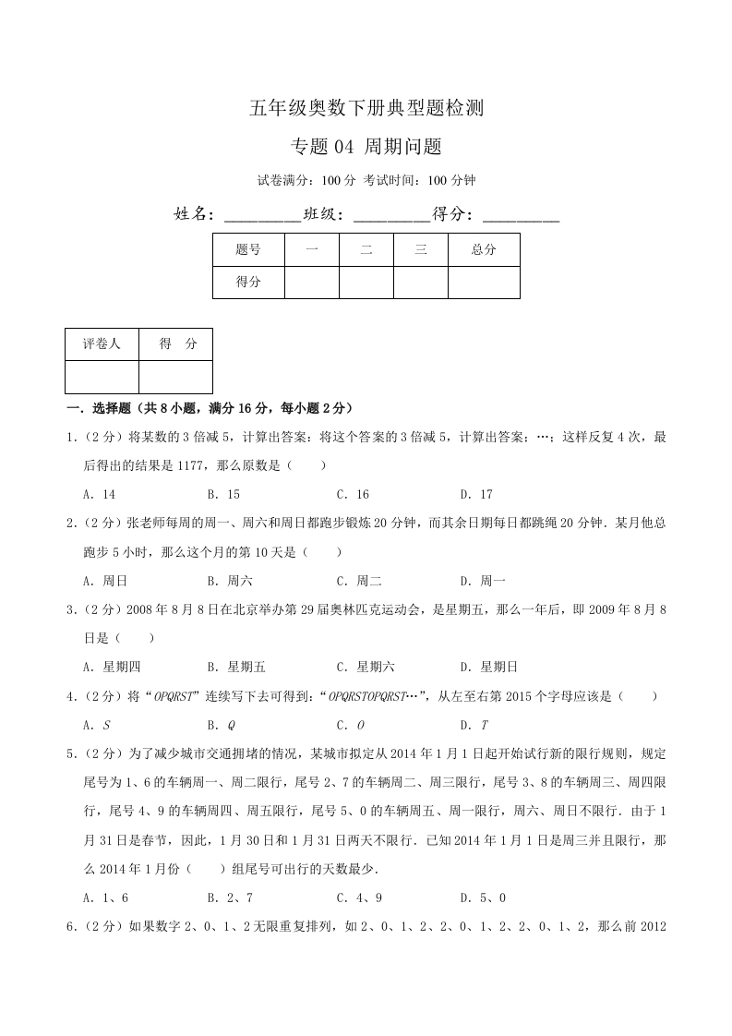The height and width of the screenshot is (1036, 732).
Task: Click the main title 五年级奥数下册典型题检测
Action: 366,108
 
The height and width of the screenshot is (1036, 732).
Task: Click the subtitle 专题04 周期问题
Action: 366,146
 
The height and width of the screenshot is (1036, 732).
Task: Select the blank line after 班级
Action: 391,215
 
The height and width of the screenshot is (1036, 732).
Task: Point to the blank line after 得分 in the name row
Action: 521,215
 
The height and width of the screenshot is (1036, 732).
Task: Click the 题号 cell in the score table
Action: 248,249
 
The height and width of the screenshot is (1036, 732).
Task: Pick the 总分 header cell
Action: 484,249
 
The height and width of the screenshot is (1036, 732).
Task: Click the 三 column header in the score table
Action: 421,249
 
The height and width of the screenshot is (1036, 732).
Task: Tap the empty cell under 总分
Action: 484,282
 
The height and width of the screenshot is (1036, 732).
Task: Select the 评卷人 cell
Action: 102,344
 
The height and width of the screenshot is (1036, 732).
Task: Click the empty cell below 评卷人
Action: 102,377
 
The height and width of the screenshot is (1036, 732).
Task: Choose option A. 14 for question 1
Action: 99,494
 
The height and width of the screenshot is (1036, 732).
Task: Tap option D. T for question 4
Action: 473,725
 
